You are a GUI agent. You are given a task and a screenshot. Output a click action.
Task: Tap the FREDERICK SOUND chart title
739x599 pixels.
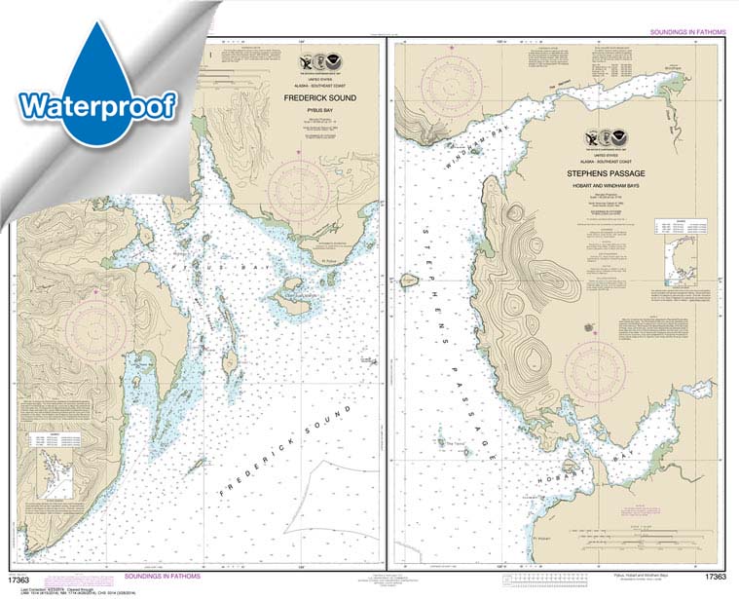[321, 98]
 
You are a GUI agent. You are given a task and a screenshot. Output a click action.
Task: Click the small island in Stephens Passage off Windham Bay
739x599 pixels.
[409, 281]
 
